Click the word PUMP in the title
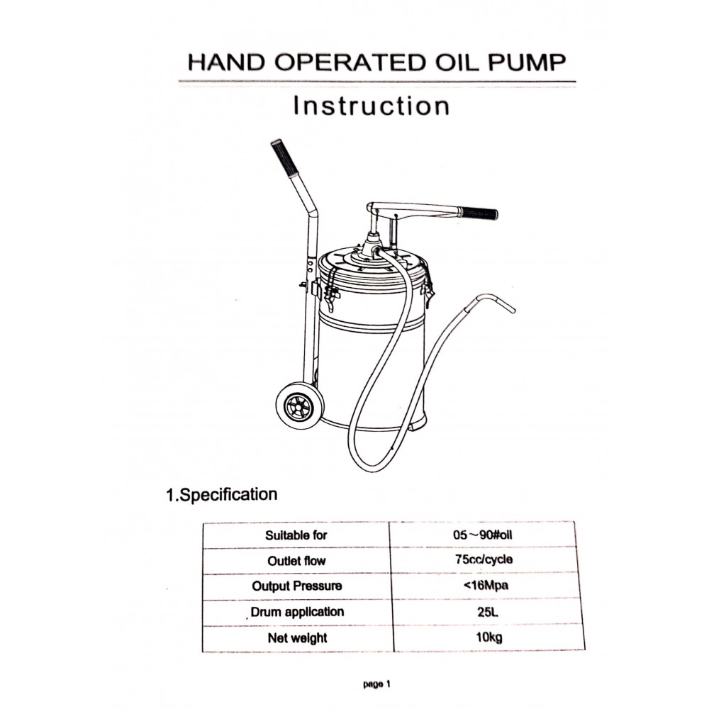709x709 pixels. (x=526, y=62)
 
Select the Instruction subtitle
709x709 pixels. (x=372, y=106)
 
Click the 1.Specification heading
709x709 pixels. (x=221, y=495)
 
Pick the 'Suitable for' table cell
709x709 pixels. (x=296, y=535)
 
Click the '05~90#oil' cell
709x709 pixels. (x=482, y=535)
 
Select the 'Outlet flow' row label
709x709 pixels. (x=296, y=561)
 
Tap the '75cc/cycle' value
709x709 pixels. (x=484, y=560)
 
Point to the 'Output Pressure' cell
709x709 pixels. (x=297, y=586)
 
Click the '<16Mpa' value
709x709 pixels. (x=486, y=586)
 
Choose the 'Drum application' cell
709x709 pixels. (x=297, y=613)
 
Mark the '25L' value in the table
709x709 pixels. (x=488, y=613)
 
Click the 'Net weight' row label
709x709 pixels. (x=298, y=638)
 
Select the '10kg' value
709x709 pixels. (x=489, y=637)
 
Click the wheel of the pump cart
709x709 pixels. (x=300, y=403)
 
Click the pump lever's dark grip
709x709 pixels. (x=478, y=213)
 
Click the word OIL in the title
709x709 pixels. (x=456, y=62)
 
